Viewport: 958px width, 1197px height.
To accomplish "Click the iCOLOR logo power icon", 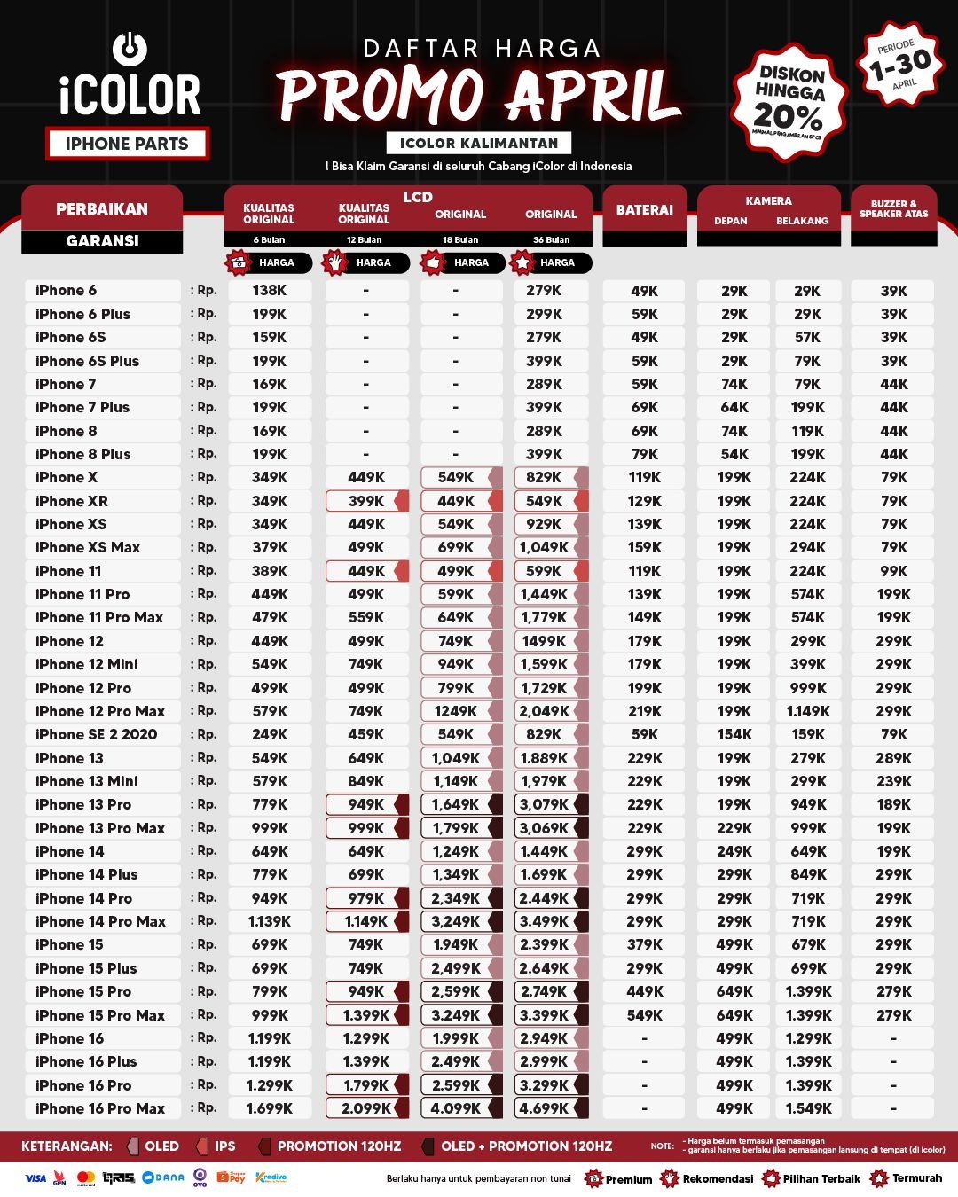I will (x=130, y=48).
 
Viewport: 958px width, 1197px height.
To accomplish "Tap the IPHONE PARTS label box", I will (x=127, y=144).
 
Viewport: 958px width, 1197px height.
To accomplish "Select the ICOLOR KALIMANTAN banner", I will (x=479, y=143).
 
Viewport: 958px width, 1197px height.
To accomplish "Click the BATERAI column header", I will (x=645, y=210).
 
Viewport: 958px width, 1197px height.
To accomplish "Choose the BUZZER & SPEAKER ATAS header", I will (x=893, y=209).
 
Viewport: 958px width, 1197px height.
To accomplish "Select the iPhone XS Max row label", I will (x=88, y=547).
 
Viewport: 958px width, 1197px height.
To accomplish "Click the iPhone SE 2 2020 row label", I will (x=96, y=734).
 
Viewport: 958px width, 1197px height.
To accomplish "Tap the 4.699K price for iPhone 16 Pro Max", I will (x=544, y=1108).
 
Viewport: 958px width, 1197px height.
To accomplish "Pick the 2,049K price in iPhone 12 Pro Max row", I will (x=544, y=711).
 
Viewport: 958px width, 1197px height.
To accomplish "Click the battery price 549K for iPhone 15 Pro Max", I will (x=645, y=1015).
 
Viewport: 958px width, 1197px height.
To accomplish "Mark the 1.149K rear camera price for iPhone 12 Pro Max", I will (x=808, y=711).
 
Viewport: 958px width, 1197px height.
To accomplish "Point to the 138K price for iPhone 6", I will (x=270, y=290).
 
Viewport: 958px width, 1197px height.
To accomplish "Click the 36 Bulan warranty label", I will (x=551, y=239).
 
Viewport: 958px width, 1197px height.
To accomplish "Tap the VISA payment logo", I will (x=35, y=1178).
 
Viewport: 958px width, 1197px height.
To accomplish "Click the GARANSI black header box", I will (x=102, y=241).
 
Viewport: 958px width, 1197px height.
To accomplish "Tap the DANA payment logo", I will (x=164, y=1177).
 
